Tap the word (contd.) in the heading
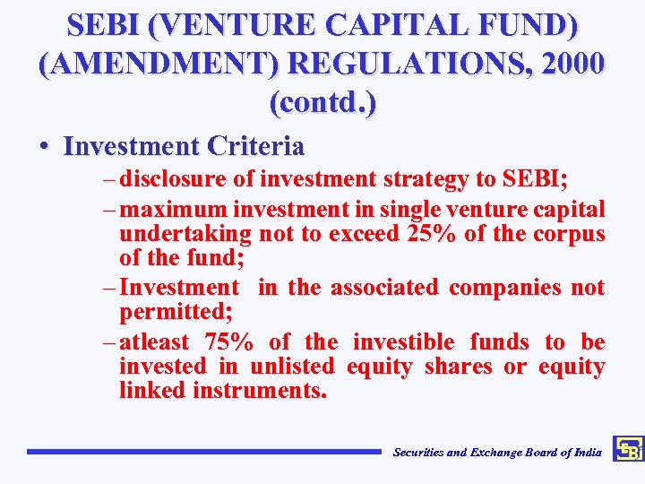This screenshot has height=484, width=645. [322, 103]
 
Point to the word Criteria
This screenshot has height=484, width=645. [254, 145]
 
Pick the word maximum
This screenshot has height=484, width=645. [173, 210]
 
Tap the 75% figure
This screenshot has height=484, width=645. [229, 342]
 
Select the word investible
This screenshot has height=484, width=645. [404, 342]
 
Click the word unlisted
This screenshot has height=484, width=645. [292, 367]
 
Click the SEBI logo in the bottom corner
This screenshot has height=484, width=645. [628, 450]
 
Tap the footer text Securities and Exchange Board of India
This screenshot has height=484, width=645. [497, 453]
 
